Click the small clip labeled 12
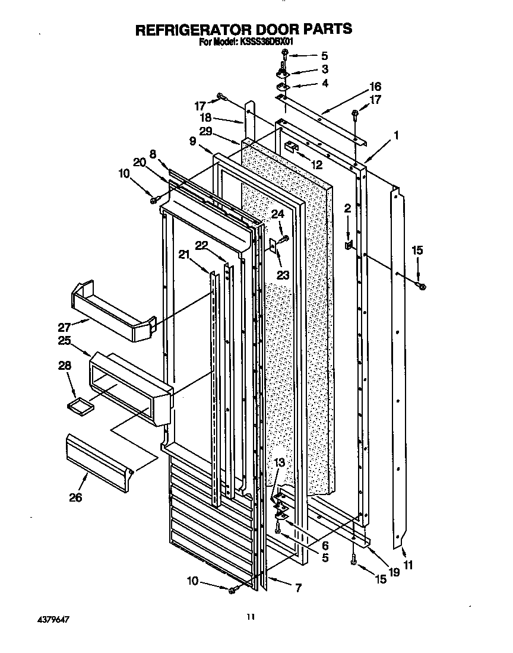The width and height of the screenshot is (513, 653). [289, 147]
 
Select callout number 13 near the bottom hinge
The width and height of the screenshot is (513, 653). [279, 463]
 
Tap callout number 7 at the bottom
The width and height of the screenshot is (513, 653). [298, 588]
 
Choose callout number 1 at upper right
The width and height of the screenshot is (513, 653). [396, 135]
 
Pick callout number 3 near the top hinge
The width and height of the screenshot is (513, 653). [324, 69]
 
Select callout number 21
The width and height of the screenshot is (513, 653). [185, 255]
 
